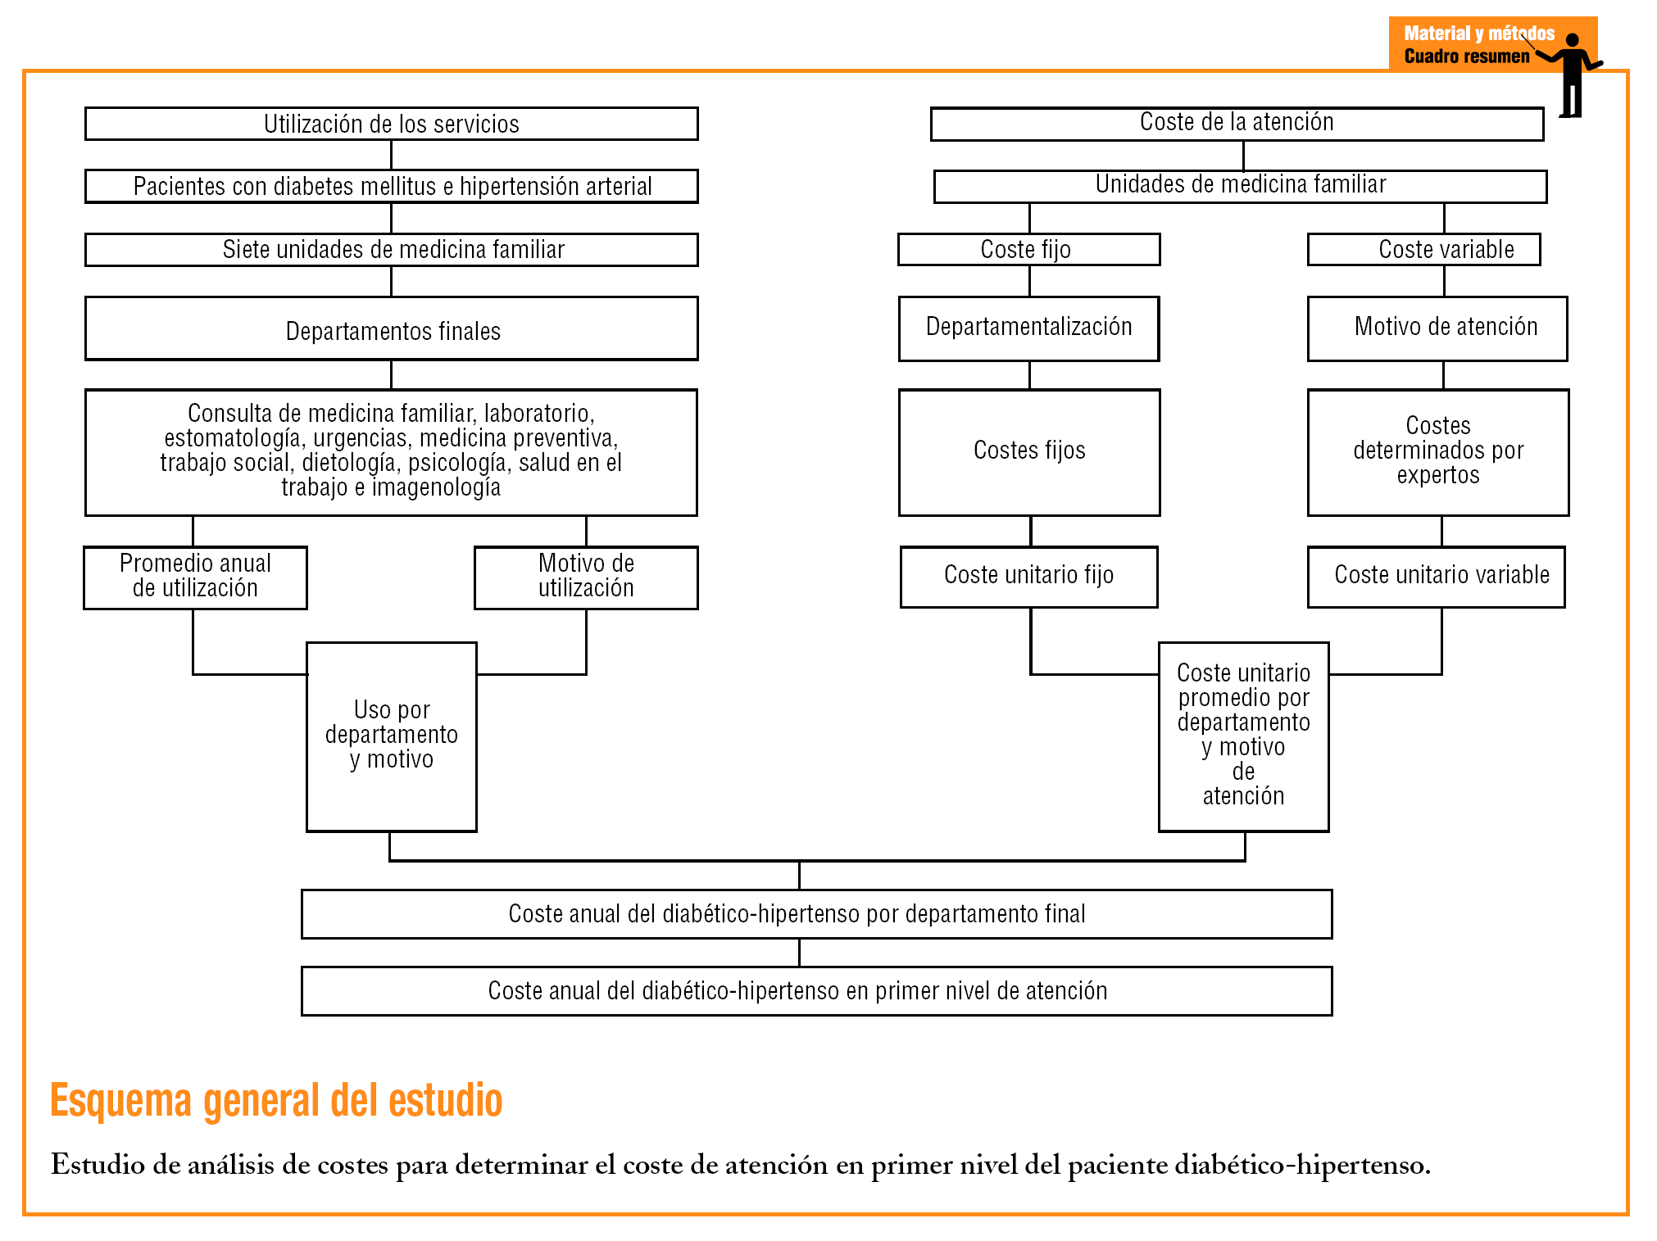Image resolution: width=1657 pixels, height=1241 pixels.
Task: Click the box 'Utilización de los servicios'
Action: coord(391,124)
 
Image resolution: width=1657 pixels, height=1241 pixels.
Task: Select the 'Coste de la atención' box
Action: coord(1237,123)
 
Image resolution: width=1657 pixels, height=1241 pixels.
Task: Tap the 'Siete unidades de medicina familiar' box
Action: coord(391,250)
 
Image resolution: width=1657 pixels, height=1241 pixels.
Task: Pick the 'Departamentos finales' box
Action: coord(391,329)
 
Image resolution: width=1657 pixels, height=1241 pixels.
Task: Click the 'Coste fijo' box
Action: coord(1028,250)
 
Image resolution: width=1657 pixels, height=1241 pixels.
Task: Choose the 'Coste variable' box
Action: coord(1423,250)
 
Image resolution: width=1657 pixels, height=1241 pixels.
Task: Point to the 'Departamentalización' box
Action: coord(1028,328)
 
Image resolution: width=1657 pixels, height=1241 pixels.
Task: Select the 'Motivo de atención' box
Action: coord(1437,328)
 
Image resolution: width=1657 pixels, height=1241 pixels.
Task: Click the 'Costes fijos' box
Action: coord(1029,452)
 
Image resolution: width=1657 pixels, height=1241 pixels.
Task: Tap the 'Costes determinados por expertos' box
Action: coord(1438,452)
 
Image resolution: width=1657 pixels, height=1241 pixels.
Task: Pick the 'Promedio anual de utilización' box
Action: coord(195,577)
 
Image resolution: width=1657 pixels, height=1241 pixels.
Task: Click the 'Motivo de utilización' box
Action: coord(586,577)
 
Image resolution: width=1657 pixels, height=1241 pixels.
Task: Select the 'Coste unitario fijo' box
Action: coord(1028,577)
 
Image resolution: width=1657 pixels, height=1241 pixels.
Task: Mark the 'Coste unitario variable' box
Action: coord(1436,577)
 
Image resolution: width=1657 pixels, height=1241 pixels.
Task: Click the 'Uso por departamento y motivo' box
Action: coord(391,736)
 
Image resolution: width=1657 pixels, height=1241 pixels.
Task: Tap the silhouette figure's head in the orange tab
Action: coord(1572,40)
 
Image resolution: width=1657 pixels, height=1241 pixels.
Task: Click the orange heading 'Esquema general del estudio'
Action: coord(276,1100)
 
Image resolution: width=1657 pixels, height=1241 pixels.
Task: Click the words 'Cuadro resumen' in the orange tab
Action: coord(1466,57)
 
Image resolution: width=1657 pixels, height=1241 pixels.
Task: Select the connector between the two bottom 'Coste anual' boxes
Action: coord(799,953)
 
